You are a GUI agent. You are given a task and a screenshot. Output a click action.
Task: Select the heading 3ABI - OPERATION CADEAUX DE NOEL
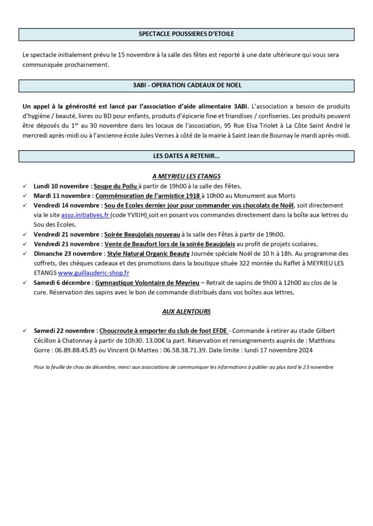pos(186,85)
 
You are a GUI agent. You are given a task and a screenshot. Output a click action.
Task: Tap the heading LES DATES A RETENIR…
pos(186,156)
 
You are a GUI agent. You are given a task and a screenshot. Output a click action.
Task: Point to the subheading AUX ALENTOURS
pos(186,311)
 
